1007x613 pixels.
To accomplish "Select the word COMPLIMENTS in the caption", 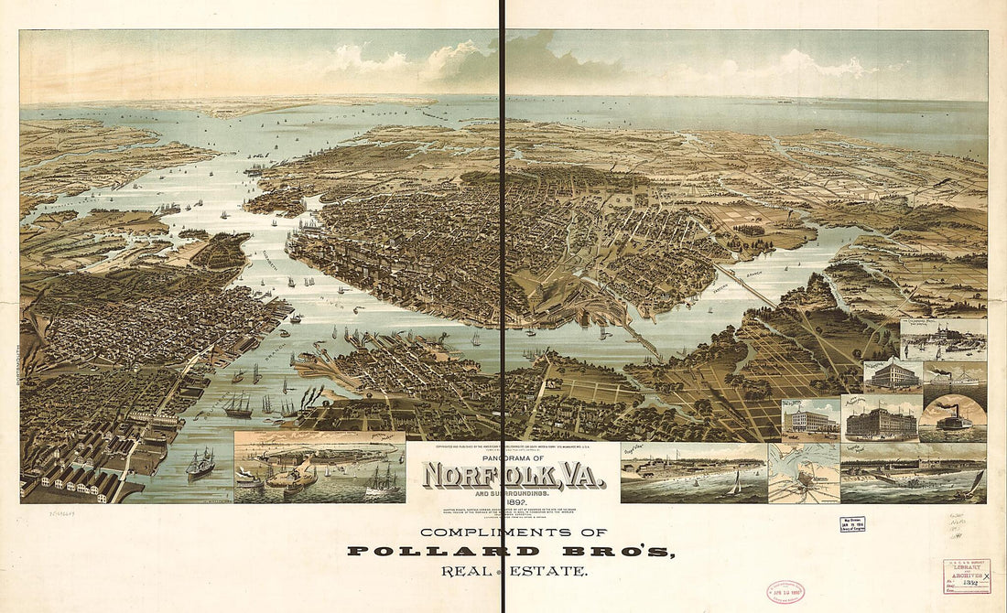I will point(480,532).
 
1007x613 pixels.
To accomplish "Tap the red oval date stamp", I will point(785,591).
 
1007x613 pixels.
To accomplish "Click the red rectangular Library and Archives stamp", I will point(967,576).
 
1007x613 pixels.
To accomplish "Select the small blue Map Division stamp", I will point(852,524).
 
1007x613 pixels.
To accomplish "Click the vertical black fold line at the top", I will point(503,55).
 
